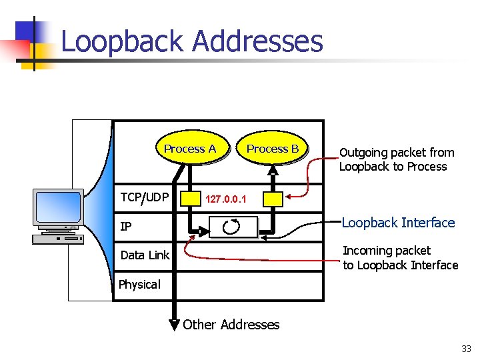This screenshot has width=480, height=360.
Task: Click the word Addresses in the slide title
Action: pyautogui.click(x=257, y=41)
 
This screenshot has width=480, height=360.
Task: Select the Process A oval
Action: pyautogui.click(x=190, y=149)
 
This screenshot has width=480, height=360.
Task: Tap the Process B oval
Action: pyautogui.click(x=273, y=149)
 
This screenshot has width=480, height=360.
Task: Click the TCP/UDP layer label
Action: pyautogui.click(x=145, y=197)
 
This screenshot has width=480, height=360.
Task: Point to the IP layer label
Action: pyautogui.click(x=125, y=227)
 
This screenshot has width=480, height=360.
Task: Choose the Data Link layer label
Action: pyautogui.click(x=145, y=255)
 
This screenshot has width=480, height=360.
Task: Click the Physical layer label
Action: pyautogui.click(x=139, y=285)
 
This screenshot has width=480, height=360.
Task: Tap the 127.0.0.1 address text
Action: pyautogui.click(x=226, y=199)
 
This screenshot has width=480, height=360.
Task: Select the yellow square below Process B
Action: pyautogui.click(x=273, y=198)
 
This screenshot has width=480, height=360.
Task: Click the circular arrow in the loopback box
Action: pyautogui.click(x=232, y=227)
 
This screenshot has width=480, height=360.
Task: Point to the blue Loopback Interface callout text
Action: pyautogui.click(x=398, y=223)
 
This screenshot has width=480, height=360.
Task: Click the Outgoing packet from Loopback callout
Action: pyautogui.click(x=396, y=159)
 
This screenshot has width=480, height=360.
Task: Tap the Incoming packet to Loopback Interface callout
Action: pyautogui.click(x=400, y=258)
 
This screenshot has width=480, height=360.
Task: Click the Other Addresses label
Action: pyautogui.click(x=231, y=325)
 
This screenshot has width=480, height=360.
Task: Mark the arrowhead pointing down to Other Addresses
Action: pyautogui.click(x=174, y=325)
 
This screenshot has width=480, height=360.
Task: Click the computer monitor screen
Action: pyautogui.click(x=58, y=207)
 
